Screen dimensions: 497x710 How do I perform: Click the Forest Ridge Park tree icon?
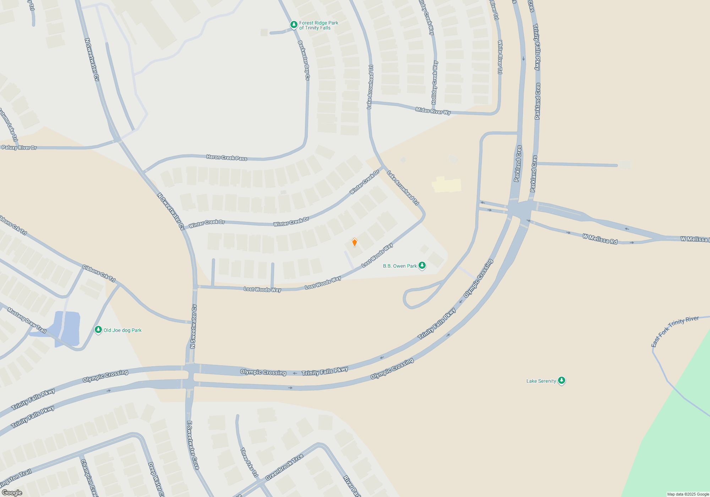[294, 24]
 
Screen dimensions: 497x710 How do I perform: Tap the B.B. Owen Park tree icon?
[422, 265]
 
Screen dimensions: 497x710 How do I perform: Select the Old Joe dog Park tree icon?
[98, 330]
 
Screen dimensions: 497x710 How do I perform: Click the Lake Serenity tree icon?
[561, 381]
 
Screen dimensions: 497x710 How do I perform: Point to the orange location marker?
[354, 242]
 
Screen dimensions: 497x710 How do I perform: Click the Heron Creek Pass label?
[226, 157]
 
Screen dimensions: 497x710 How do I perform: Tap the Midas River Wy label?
[433, 111]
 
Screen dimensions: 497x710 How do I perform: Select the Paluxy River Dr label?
[19, 147]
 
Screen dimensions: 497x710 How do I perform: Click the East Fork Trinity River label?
[674, 331]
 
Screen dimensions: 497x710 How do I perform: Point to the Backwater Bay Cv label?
[304, 60]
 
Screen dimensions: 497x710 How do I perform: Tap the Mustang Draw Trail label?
[27, 320]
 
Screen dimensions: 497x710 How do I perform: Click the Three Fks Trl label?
[249, 462]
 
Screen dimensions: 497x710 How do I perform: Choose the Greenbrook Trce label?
[284, 467]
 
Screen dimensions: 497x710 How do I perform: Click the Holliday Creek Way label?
[435, 82]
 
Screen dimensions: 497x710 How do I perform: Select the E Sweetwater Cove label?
[193, 445]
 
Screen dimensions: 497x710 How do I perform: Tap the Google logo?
[12, 493]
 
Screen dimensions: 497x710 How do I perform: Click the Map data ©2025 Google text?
[688, 494]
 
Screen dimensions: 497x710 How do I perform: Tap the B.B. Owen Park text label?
[400, 266]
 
